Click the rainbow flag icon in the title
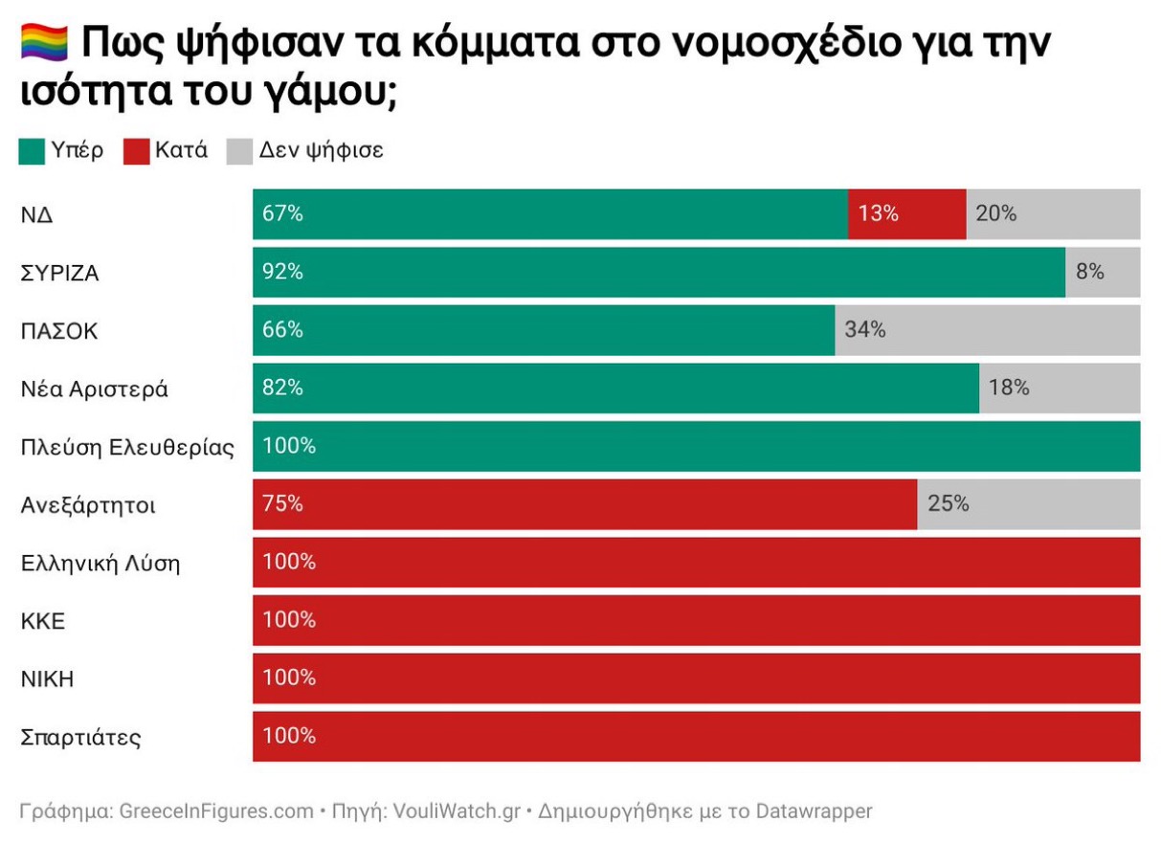point(44,42)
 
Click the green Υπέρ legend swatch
point(32,151)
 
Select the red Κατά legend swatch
point(137,151)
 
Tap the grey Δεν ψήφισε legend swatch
point(239,151)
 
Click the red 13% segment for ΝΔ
point(906,214)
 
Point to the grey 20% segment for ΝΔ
point(1053,214)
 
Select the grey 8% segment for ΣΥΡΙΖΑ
point(1103,273)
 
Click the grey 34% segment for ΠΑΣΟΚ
point(987,331)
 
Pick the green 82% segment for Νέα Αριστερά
point(615,389)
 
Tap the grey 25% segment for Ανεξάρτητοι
point(1029,504)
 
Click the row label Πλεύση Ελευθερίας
point(127,448)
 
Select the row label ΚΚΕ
point(43,621)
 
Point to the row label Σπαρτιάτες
point(81,738)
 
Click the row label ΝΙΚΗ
point(47,679)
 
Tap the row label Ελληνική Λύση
point(100,564)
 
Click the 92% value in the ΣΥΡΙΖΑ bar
point(282,273)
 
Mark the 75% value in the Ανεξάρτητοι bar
point(282,504)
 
